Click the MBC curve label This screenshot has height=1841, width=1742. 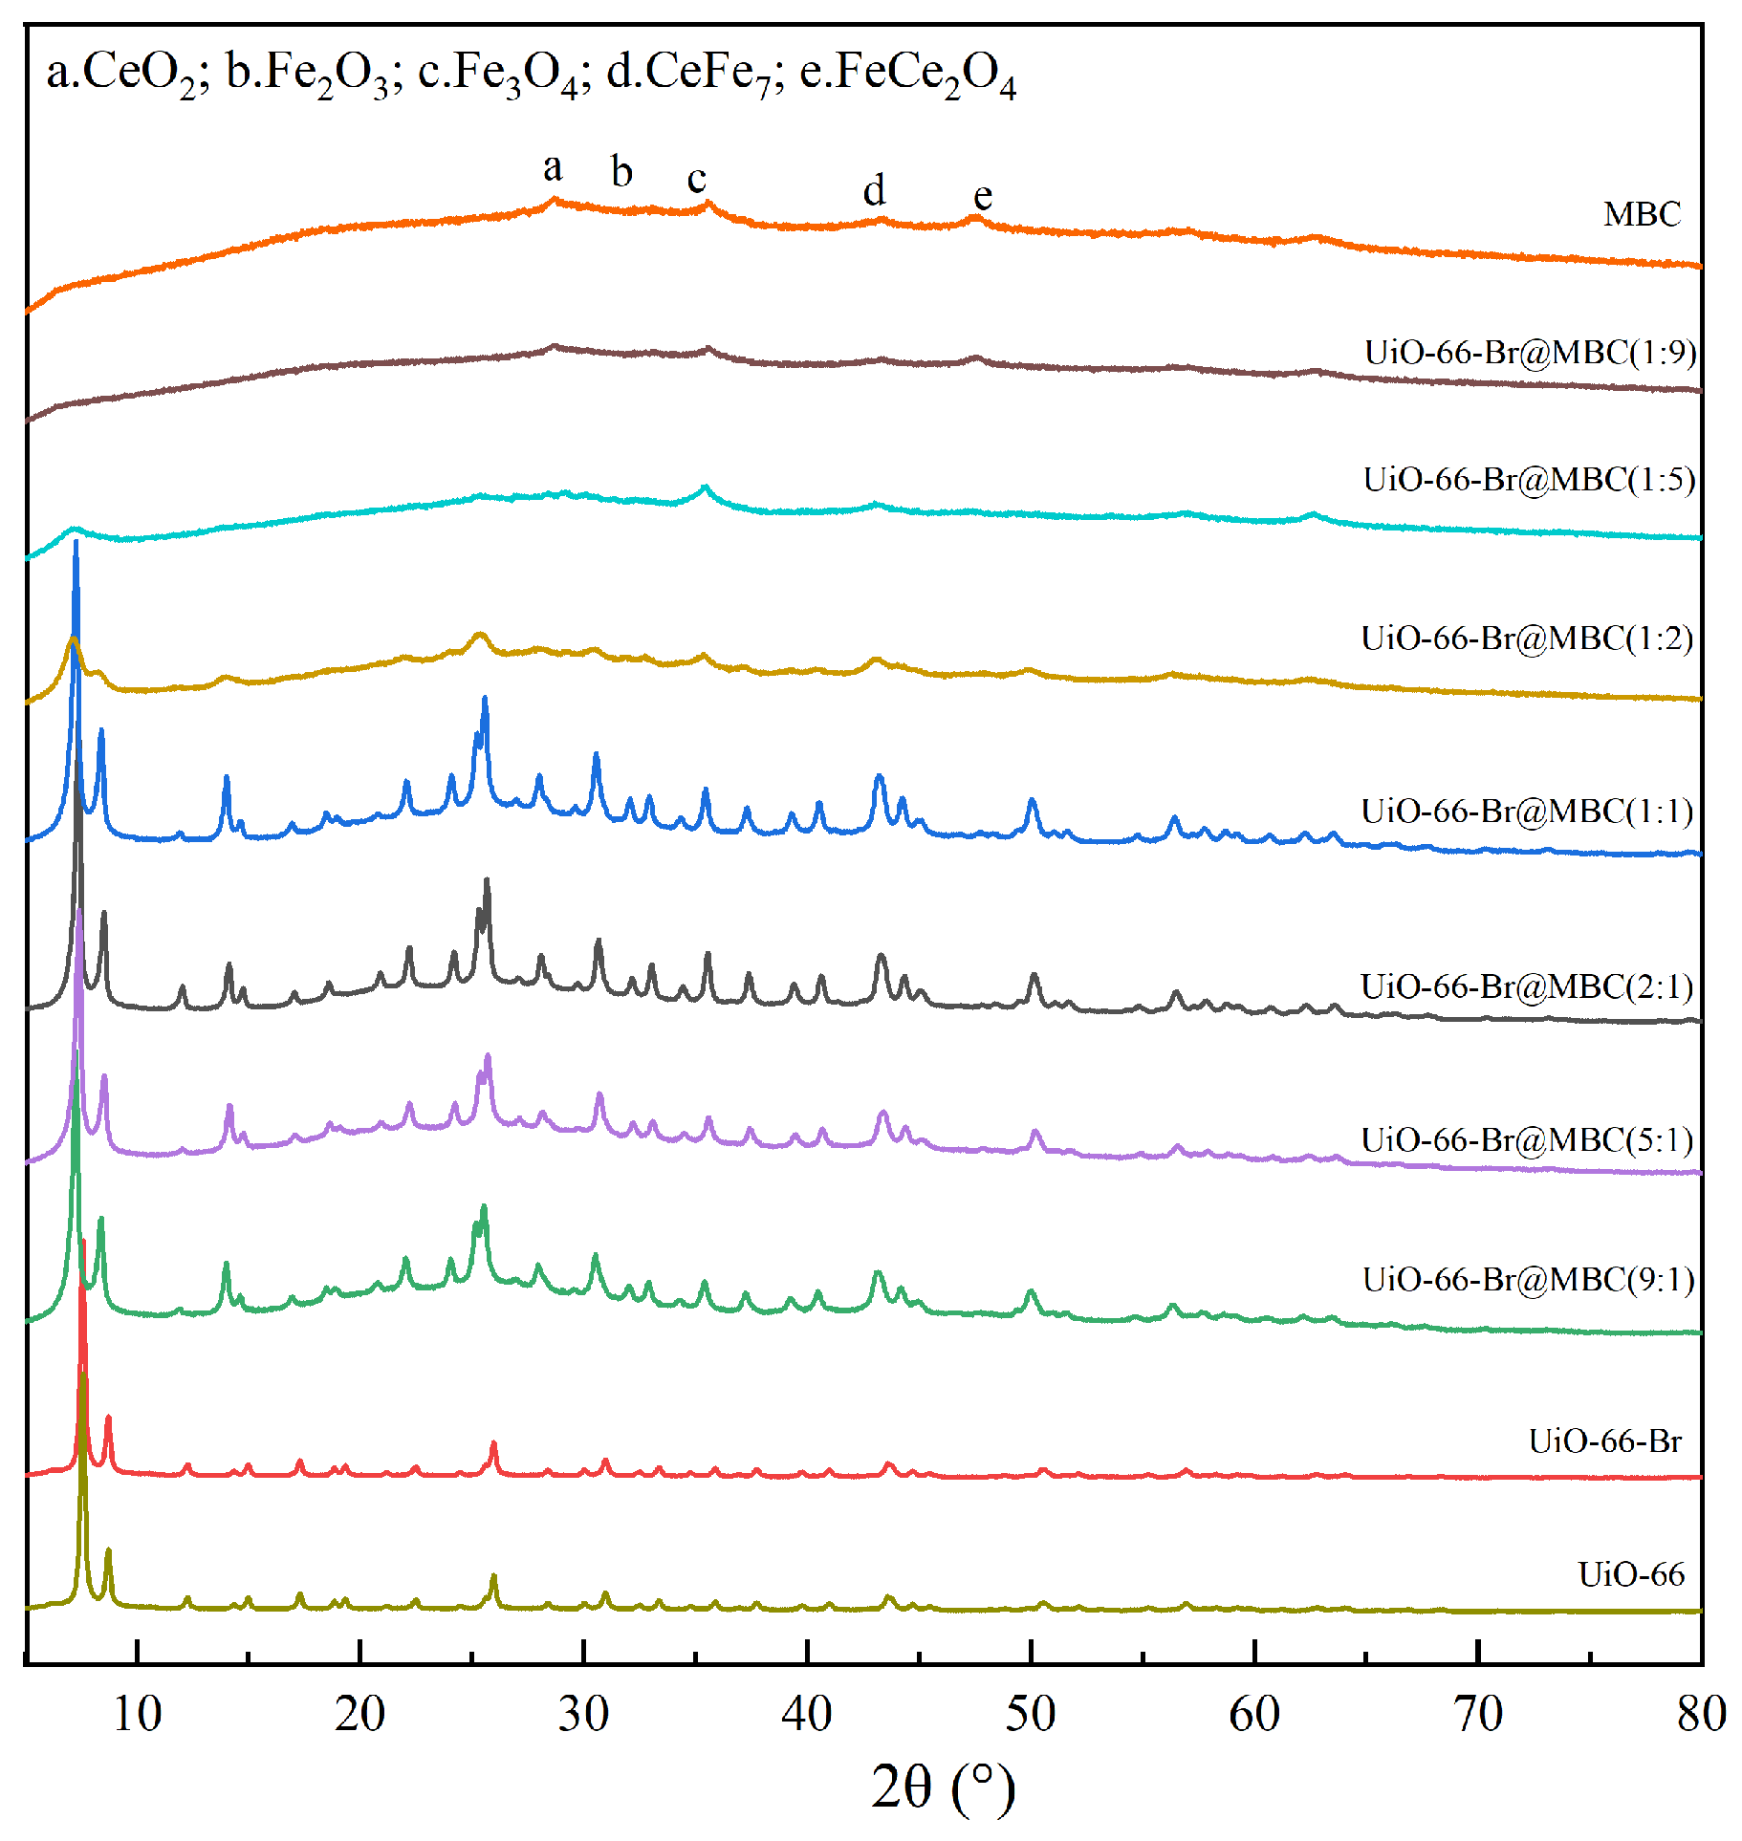(1641, 214)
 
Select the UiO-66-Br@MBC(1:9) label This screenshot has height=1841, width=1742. (1530, 353)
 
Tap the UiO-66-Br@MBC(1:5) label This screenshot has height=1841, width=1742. (1529, 479)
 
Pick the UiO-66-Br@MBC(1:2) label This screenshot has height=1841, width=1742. (1527, 638)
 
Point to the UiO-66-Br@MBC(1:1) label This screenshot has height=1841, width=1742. (1527, 811)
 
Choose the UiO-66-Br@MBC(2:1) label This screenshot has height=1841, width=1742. (1527, 985)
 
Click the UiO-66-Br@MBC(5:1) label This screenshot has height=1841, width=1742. (1527, 1139)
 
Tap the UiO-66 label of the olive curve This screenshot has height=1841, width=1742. (1630, 1574)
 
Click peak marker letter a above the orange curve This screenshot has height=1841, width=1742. (553, 168)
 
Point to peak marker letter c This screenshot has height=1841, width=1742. (696, 179)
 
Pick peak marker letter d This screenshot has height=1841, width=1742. (874, 190)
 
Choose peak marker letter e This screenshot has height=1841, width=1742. (982, 196)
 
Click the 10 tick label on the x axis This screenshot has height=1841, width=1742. (137, 1714)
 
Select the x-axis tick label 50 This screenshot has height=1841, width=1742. (1030, 1714)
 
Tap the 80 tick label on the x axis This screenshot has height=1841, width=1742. (1701, 1714)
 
